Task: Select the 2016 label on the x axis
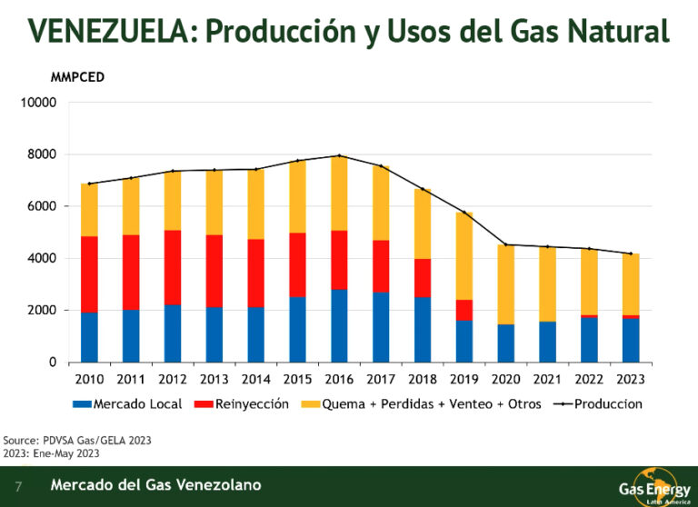pyautogui.click(x=339, y=379)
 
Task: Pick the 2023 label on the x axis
pyautogui.click(x=631, y=379)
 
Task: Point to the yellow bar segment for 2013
pyautogui.click(x=214, y=202)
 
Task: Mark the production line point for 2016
pyautogui.click(x=339, y=155)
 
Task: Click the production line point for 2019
pyautogui.click(x=464, y=212)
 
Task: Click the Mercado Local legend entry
pyautogui.click(x=127, y=403)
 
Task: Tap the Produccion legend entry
pyautogui.click(x=598, y=403)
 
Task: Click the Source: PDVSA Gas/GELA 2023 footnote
pyautogui.click(x=77, y=440)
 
